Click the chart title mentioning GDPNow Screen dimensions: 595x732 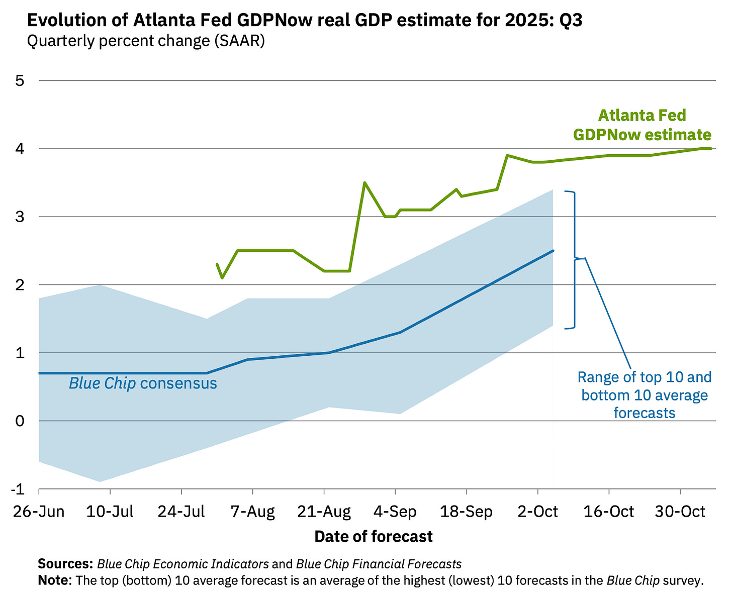pos(304,21)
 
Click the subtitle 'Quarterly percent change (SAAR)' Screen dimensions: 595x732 pos(146,41)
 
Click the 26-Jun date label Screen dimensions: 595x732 pos(39,512)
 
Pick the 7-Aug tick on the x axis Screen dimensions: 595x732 pos(252,512)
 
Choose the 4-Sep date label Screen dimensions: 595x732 pos(395,512)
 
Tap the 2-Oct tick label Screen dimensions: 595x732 pos(538,512)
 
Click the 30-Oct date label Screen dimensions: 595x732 pos(681,512)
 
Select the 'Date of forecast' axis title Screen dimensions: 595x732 pos(374,537)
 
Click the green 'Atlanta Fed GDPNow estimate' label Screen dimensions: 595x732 pos(642,125)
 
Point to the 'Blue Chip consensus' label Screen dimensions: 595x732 pos(143,384)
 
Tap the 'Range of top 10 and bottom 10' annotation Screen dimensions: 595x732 pos(645,395)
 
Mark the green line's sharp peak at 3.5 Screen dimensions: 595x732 pos(364,183)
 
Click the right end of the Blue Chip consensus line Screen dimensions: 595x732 pos(553,250)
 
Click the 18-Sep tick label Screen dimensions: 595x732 pos(467,512)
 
